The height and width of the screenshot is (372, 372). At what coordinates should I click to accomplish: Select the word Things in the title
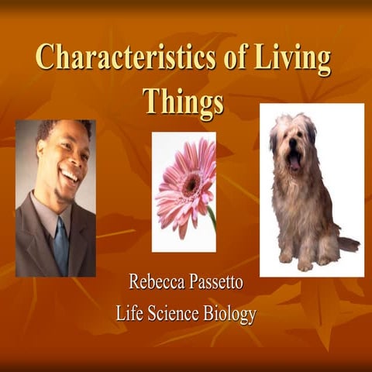tap(183, 100)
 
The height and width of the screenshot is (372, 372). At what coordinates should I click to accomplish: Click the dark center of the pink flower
tap(188, 182)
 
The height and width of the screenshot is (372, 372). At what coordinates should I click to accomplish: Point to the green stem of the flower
tap(212, 217)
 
